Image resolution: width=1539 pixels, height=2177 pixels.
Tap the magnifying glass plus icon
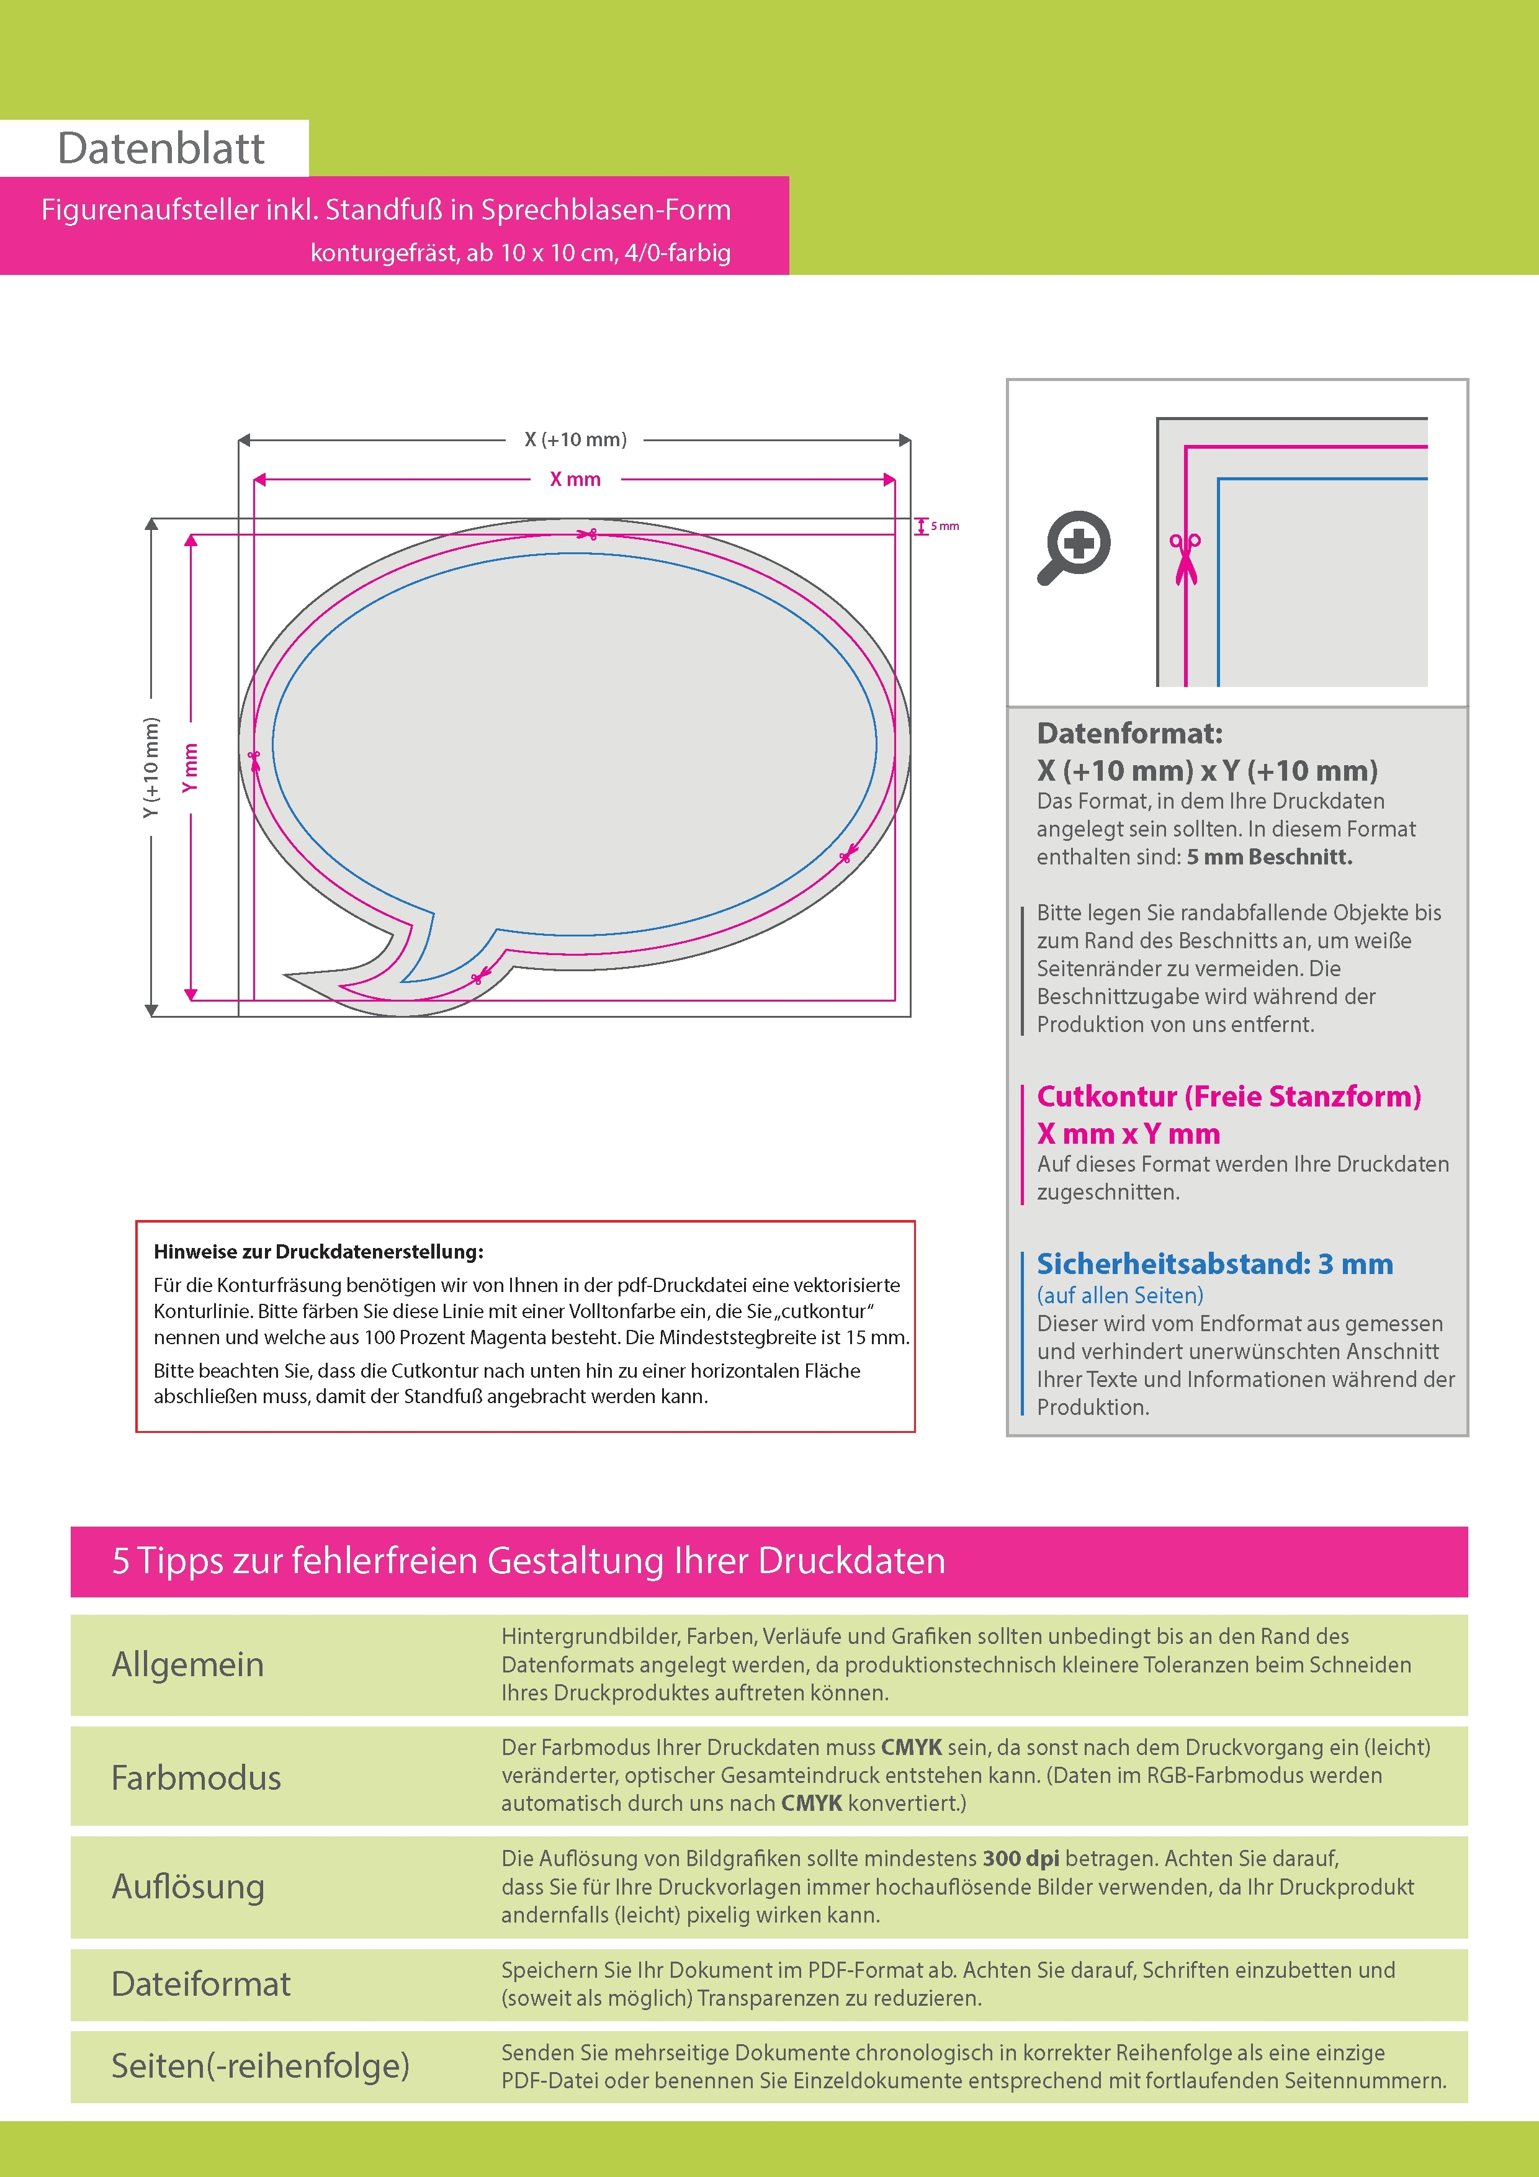click(1074, 547)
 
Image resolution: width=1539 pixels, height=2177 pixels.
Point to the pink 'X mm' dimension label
click(576, 480)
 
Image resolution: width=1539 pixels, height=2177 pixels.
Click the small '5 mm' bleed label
click(944, 526)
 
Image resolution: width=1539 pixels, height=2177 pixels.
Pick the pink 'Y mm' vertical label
click(191, 768)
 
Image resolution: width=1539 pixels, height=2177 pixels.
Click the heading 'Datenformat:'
click(1129, 733)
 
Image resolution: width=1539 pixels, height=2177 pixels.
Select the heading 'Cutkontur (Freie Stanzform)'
click(1229, 1096)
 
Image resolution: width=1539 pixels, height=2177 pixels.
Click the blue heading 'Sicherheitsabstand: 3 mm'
click(1214, 1264)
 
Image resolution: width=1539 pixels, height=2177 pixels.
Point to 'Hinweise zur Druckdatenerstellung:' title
click(318, 1252)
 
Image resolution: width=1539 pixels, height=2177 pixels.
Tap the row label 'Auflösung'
click(188, 1887)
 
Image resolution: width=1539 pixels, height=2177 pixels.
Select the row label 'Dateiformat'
click(201, 1983)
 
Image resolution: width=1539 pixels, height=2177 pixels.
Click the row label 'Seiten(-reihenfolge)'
click(261, 2065)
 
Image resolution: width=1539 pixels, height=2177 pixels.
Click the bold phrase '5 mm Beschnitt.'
click(1269, 857)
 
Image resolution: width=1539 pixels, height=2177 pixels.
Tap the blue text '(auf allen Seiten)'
click(1120, 1295)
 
